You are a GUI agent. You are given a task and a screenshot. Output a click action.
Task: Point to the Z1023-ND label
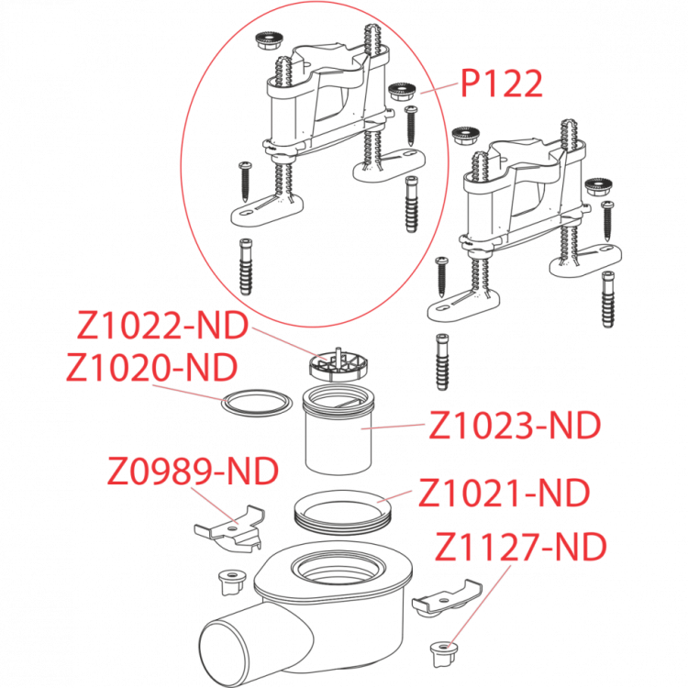pyautogui.click(x=514, y=426)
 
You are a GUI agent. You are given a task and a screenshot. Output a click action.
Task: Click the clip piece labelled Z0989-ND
pyautogui.click(x=227, y=533)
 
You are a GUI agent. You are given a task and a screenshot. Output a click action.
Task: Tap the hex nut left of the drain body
pyautogui.click(x=230, y=580)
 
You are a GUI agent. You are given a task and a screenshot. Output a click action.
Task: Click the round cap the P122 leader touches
pyautogui.click(x=401, y=92)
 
